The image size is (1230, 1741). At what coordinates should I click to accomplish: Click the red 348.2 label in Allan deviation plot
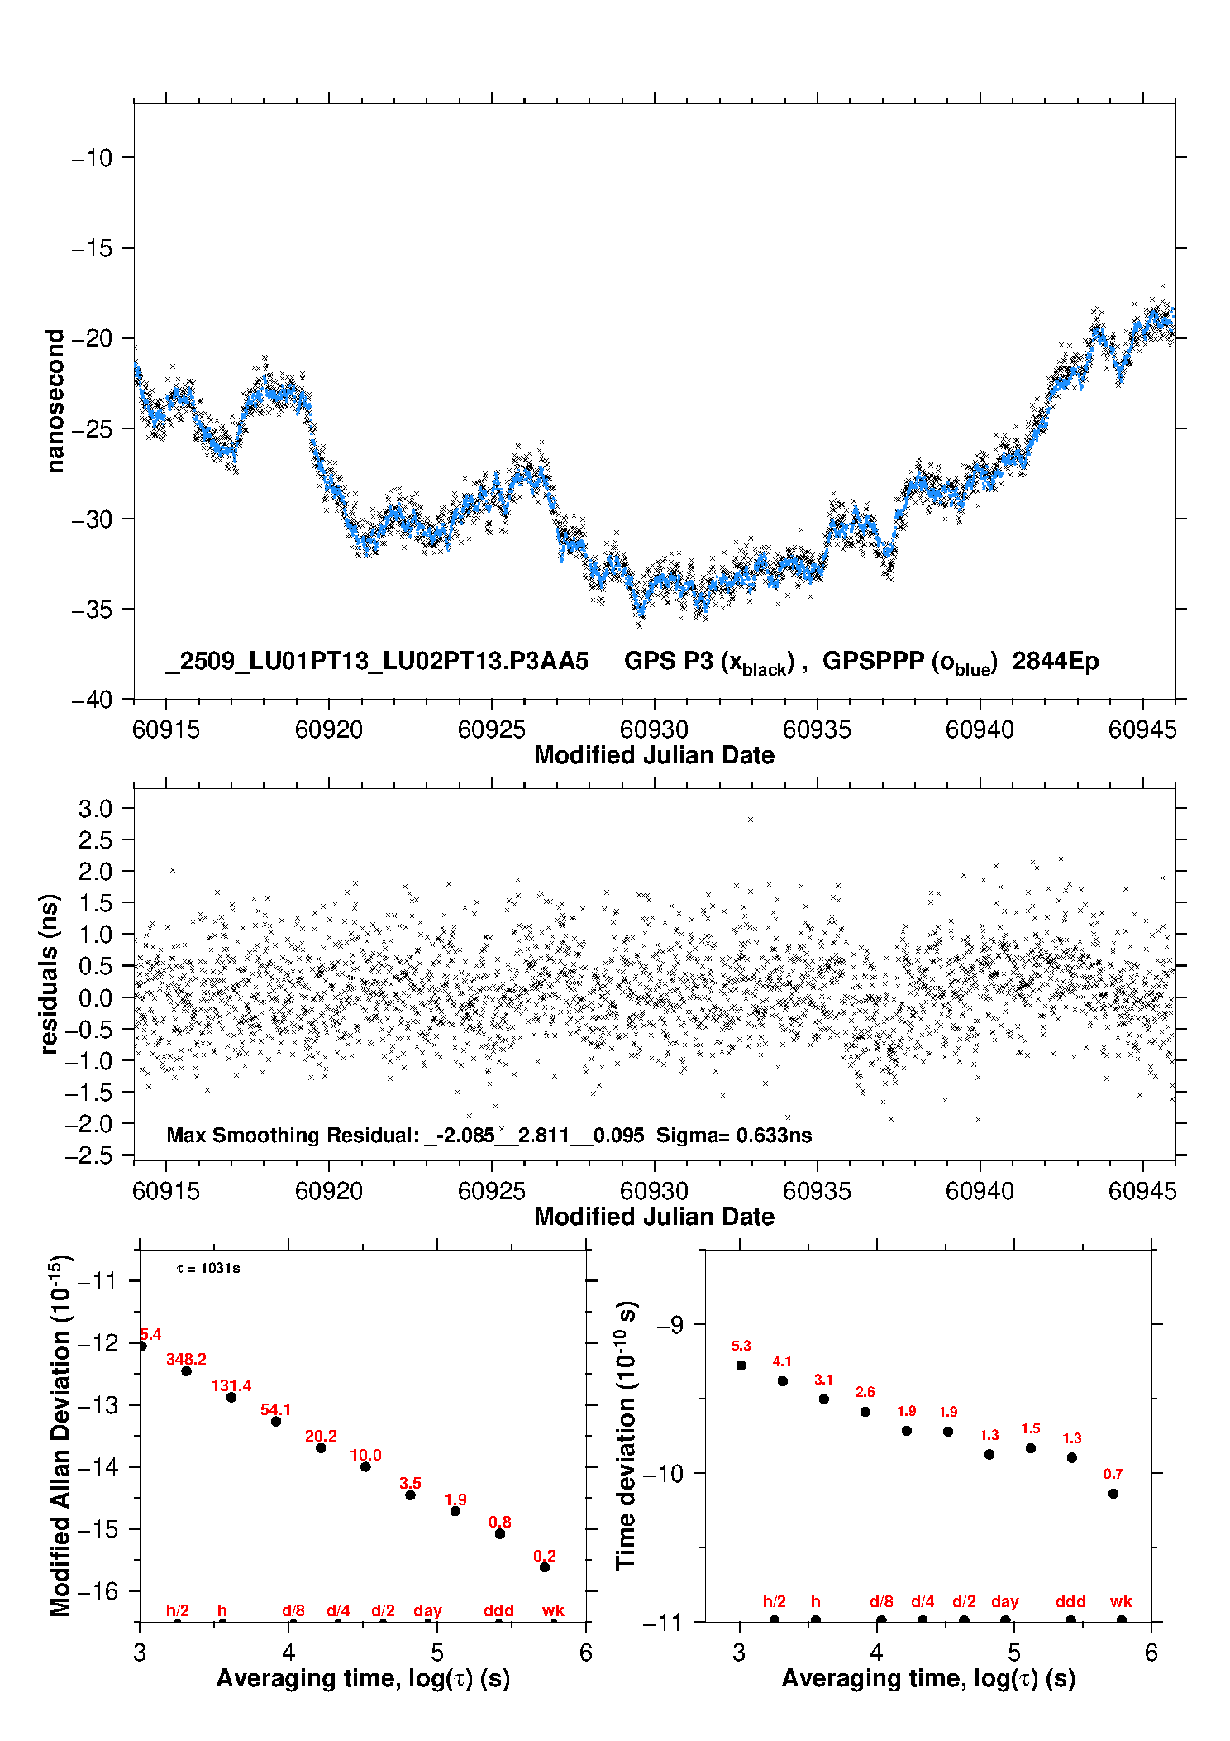pos(186,1359)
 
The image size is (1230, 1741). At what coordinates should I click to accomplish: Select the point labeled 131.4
pos(231,1397)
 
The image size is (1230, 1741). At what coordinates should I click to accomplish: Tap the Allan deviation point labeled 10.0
pos(365,1466)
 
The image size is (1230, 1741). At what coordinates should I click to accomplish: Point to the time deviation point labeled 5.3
pos(741,1366)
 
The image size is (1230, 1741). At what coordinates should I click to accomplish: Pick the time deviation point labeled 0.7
pos(1113,1494)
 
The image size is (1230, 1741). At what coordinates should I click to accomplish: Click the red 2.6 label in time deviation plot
pos(865,1392)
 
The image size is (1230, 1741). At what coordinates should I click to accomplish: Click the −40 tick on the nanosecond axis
pos(93,700)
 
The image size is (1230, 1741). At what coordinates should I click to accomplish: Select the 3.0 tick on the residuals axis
pos(95,808)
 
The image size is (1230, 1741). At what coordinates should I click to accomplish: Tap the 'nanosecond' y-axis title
pos(55,401)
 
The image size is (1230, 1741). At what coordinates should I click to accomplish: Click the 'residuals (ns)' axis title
pos(50,973)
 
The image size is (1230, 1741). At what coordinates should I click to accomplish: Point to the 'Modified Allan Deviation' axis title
pos(60,1435)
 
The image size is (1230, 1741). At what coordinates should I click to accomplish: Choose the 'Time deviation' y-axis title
pos(626,1435)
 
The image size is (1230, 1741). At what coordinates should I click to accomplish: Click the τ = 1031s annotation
pos(208,1269)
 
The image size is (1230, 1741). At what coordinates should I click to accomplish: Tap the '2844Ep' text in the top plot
pos(1056,662)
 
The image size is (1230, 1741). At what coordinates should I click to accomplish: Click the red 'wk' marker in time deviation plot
pos(1121,1601)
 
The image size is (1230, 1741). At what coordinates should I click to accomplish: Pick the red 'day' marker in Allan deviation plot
pos(427,1610)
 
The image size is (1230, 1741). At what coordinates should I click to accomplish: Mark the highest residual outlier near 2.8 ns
pos(751,820)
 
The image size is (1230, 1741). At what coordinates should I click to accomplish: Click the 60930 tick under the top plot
pos(654,729)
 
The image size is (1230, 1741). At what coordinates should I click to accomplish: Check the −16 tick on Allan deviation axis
pos(97,1590)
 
